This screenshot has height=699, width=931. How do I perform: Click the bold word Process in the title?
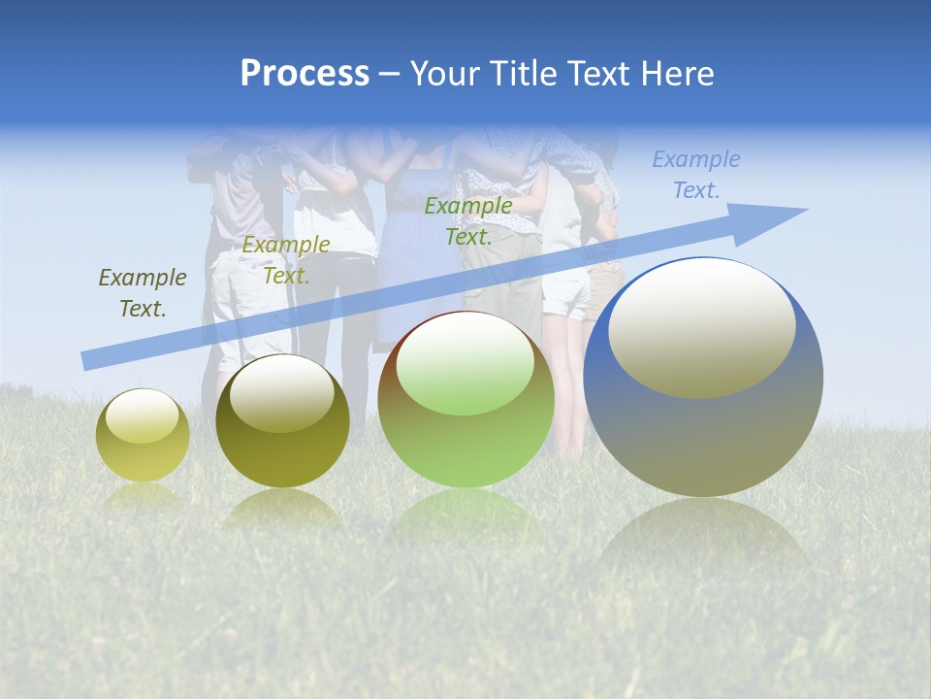[305, 74]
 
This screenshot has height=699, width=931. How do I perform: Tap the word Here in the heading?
[676, 74]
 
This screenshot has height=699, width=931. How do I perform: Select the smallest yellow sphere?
[143, 435]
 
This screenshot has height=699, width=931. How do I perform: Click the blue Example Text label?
[696, 175]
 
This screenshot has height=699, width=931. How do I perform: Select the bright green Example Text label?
[468, 221]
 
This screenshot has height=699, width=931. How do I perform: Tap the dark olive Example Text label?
[143, 293]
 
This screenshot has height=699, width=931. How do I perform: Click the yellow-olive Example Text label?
[286, 260]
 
